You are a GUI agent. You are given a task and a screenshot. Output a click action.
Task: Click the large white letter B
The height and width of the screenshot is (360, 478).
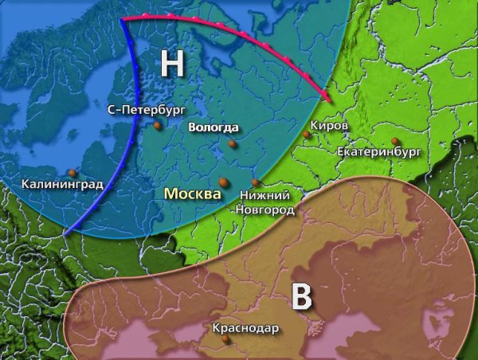tap(301, 295)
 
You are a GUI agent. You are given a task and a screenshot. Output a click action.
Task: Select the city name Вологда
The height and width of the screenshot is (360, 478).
tap(213, 127)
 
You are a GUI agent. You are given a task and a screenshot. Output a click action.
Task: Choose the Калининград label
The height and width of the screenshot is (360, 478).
tap(62, 185)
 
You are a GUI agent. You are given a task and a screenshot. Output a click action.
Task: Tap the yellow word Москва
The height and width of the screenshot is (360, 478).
tap(192, 194)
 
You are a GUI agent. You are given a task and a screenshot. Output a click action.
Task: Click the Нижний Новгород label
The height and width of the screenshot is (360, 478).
tap(265, 202)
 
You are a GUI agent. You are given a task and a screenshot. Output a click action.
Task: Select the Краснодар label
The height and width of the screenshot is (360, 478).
tap(245, 327)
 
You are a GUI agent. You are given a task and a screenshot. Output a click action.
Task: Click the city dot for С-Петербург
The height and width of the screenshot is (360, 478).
tap(158, 125)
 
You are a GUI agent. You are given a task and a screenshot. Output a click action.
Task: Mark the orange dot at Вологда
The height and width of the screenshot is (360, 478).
tap(232, 144)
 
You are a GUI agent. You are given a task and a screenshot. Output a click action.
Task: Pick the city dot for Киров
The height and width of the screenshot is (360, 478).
tap(305, 135)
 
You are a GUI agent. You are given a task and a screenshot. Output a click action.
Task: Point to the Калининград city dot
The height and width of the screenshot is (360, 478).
tap(72, 172)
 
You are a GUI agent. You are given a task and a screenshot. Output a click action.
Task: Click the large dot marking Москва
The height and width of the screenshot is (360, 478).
tap(224, 182)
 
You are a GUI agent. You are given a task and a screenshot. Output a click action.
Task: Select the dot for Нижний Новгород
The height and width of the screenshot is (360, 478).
tap(255, 182)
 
